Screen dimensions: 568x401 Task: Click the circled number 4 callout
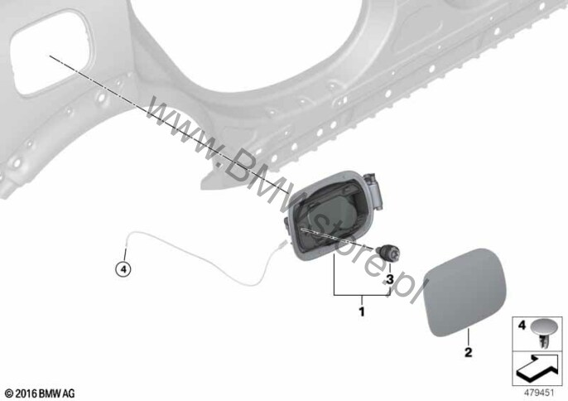(123, 269)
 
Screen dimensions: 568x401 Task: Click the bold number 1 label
(362, 311)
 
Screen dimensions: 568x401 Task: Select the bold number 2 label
(469, 352)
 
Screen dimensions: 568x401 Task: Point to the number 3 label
(390, 279)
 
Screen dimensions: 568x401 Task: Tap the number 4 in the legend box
(522, 326)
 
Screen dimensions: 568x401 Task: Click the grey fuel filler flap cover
(465, 292)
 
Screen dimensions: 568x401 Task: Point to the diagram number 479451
(539, 393)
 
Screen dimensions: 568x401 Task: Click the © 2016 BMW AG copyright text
(41, 394)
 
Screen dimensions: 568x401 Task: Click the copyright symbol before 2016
(10, 394)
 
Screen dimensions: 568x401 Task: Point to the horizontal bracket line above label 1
(362, 296)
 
